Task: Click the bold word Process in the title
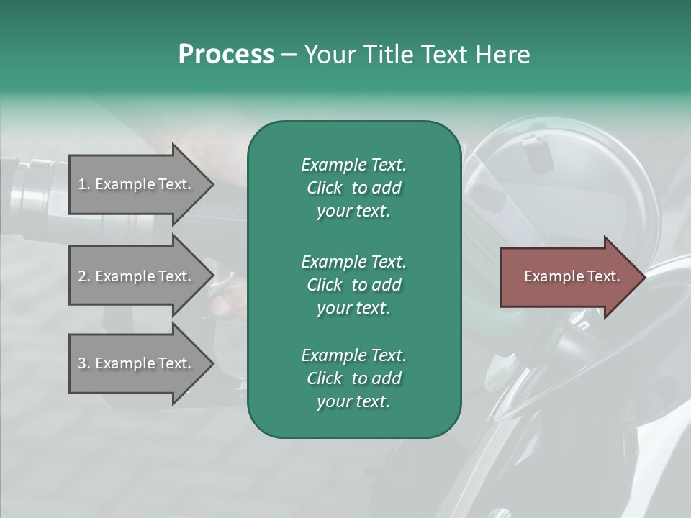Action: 226,55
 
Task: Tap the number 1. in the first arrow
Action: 84,184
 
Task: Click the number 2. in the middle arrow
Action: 84,276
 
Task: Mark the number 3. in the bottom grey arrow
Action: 84,363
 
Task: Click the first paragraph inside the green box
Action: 353,188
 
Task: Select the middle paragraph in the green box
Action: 353,285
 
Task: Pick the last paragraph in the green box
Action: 353,378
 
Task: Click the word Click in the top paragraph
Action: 325,188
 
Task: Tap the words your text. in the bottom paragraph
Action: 353,401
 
